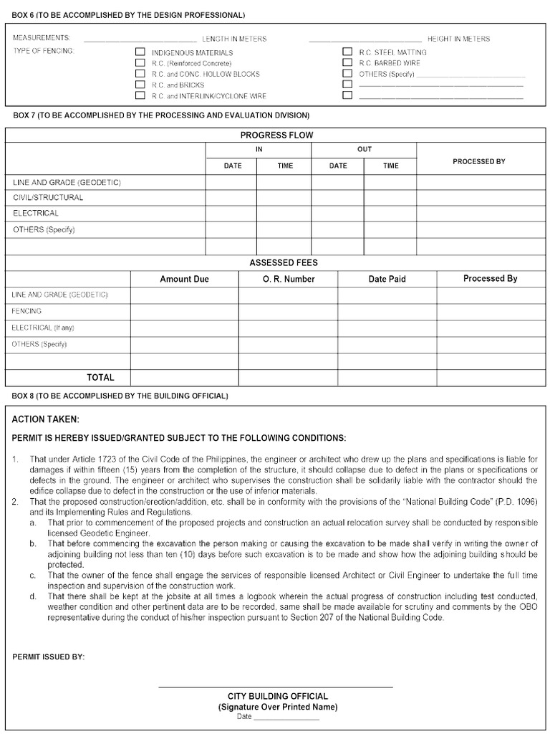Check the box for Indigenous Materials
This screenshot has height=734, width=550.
[x=140, y=52]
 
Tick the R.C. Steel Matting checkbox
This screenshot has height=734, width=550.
[x=347, y=52]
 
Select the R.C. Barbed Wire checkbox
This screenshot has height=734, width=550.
[x=347, y=62]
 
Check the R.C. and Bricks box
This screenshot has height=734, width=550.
[x=140, y=85]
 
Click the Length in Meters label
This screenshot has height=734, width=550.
[x=233, y=39]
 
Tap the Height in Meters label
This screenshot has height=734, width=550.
[x=458, y=39]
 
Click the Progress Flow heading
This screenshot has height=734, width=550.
[x=276, y=135]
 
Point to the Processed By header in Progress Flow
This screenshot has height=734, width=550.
[x=479, y=161]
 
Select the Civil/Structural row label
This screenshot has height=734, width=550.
[x=48, y=197]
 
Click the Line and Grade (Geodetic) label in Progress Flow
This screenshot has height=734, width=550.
[x=67, y=182]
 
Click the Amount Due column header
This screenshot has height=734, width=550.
[x=184, y=279]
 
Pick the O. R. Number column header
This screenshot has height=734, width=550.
[x=288, y=279]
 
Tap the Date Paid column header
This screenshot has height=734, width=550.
[x=387, y=279]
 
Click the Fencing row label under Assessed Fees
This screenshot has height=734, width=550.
[x=26, y=311]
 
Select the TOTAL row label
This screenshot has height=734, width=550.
[x=100, y=377]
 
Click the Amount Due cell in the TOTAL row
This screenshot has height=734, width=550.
[x=184, y=377]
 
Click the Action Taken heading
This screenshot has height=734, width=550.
[x=46, y=419]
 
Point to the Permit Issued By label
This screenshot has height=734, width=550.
[x=49, y=657]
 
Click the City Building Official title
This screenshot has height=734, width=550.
[x=278, y=696]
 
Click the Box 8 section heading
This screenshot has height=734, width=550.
[x=120, y=396]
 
